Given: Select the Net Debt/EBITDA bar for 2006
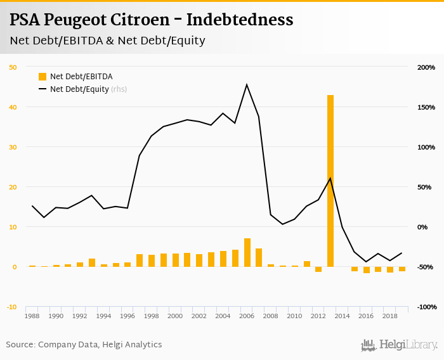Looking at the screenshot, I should [x=247, y=252].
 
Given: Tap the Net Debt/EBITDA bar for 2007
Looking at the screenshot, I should [x=259, y=257].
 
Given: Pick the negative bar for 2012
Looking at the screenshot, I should [x=318, y=269].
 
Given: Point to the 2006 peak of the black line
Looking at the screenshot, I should [x=247, y=84].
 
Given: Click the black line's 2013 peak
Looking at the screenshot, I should [x=330, y=177].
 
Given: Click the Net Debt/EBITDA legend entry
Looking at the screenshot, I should [x=81, y=77].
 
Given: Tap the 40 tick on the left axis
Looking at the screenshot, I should [x=13, y=107].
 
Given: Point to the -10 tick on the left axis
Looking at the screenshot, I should [x=13, y=307].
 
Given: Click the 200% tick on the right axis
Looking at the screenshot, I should [x=426, y=67].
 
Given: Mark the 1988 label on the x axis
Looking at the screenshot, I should [x=33, y=316].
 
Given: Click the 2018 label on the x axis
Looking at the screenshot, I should [x=390, y=316].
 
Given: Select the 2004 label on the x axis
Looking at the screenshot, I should [x=223, y=316].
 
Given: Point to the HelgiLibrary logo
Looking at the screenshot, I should [x=400, y=345].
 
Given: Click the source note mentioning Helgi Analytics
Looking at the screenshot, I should [x=84, y=345].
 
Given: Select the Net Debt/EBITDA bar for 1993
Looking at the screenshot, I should [x=92, y=262].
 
